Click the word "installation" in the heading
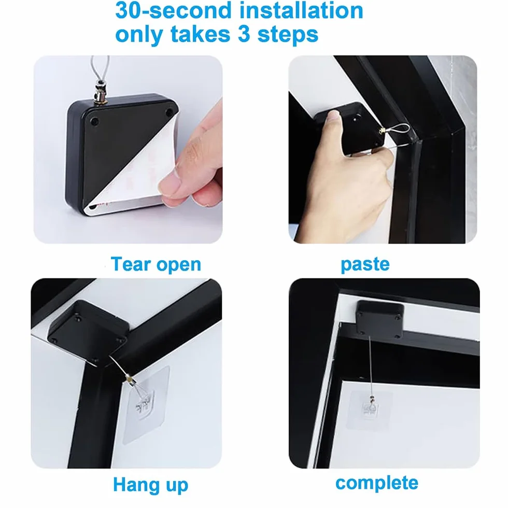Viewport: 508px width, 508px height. pos(302,10)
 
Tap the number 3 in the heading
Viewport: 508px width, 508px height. pos(244,34)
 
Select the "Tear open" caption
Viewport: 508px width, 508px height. pos(156,264)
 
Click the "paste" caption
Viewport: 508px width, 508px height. pos(365,264)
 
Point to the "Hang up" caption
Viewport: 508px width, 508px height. pos(151,485)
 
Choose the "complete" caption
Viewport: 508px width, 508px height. pos(377,483)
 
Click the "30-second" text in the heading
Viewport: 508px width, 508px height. pos(173,10)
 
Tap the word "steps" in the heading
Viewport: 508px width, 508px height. pos(288,35)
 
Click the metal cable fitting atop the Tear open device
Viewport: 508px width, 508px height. pos(100,94)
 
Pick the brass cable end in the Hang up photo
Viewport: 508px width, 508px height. pos(129,377)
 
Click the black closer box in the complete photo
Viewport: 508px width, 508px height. pos(379,319)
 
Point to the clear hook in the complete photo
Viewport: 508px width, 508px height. pos(370,409)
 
